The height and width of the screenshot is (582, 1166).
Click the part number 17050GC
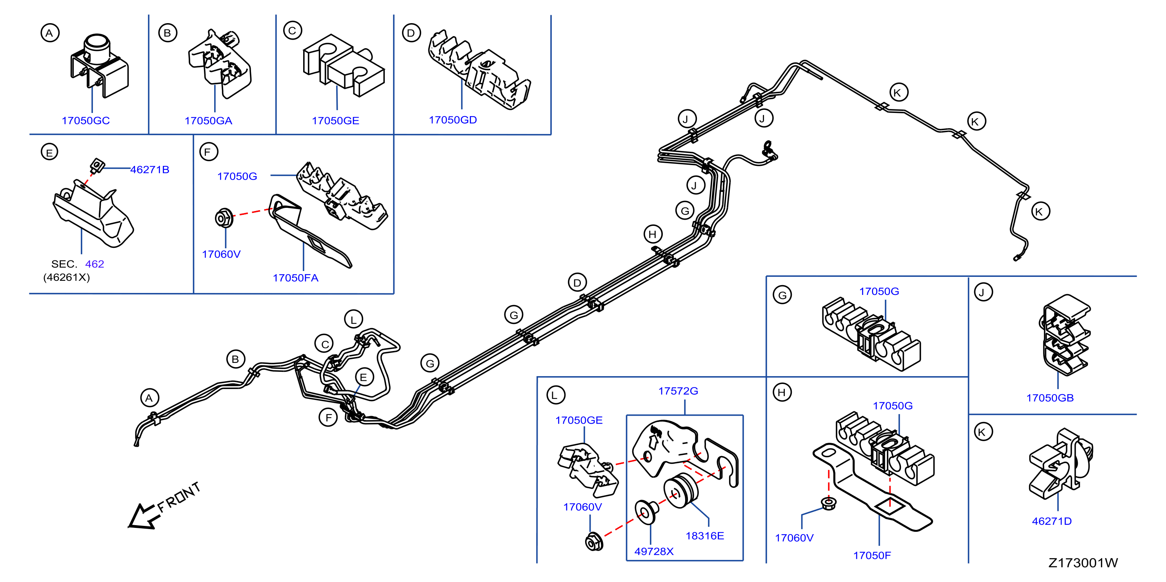[85, 120]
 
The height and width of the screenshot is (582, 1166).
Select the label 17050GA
[208, 120]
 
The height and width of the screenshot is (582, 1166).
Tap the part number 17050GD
[453, 120]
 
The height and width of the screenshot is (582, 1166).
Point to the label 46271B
[150, 169]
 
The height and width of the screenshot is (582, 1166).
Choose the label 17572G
[678, 391]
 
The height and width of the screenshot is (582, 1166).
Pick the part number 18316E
[705, 536]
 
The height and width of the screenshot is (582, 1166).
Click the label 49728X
[654, 551]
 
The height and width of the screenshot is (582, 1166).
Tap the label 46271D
[1051, 521]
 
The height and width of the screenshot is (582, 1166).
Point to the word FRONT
[179, 497]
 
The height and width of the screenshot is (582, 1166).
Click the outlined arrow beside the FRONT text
[142, 517]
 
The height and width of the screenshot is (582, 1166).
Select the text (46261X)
[67, 277]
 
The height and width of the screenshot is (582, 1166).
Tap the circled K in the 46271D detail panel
[983, 432]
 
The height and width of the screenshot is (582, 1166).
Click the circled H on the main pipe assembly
[653, 234]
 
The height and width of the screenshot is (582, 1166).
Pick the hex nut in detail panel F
[224, 218]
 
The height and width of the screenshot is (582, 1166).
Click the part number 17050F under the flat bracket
[872, 555]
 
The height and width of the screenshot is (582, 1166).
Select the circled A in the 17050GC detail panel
[50, 33]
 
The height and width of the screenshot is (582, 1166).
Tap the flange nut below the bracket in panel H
[828, 503]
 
